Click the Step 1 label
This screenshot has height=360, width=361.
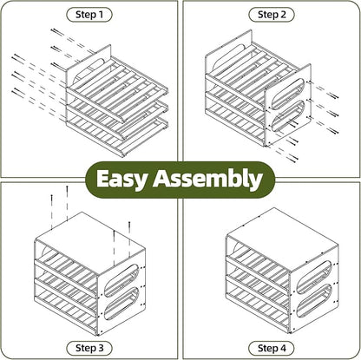pyautogui.click(x=89, y=15)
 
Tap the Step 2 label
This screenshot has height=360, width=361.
pyautogui.click(x=272, y=15)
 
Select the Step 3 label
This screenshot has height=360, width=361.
pyautogui.click(x=89, y=348)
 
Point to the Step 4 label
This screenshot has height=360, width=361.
pyautogui.click(x=272, y=348)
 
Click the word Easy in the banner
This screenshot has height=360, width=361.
pyautogui.click(x=121, y=180)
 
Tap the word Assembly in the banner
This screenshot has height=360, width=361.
pyautogui.click(x=207, y=180)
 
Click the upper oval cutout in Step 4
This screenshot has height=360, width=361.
pyautogui.click(x=314, y=276)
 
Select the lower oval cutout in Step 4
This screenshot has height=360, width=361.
pyautogui.click(x=314, y=301)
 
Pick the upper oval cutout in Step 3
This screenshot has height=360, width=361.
pyautogui.click(x=121, y=280)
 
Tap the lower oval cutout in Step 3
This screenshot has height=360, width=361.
pyautogui.click(x=121, y=304)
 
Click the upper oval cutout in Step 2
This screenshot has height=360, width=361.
pyautogui.click(x=288, y=93)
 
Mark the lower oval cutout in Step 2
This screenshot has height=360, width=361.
pyautogui.click(x=288, y=116)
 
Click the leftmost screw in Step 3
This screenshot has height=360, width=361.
pyautogui.click(x=52, y=213)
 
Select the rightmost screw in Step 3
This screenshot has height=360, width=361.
pyautogui.click(x=129, y=239)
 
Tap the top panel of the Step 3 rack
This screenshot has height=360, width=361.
pyautogui.click(x=89, y=237)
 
